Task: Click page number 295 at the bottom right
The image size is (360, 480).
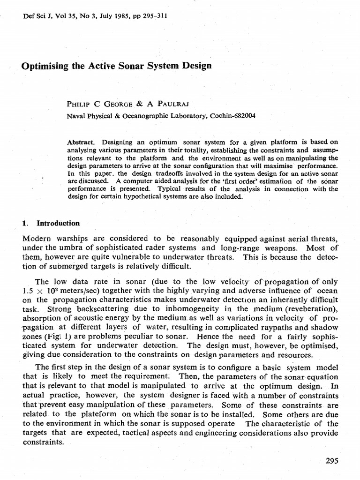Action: [331, 460]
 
